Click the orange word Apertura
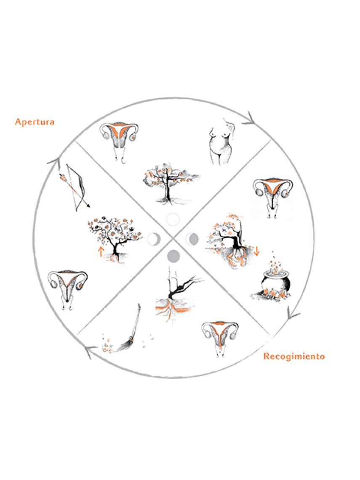tap(35, 122)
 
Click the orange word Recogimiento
tap(294, 356)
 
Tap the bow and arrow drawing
tap(74, 188)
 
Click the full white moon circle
tap(173, 219)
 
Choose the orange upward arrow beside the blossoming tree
tap(100, 252)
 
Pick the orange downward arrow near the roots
tap(256, 251)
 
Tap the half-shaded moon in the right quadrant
tap(192, 239)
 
